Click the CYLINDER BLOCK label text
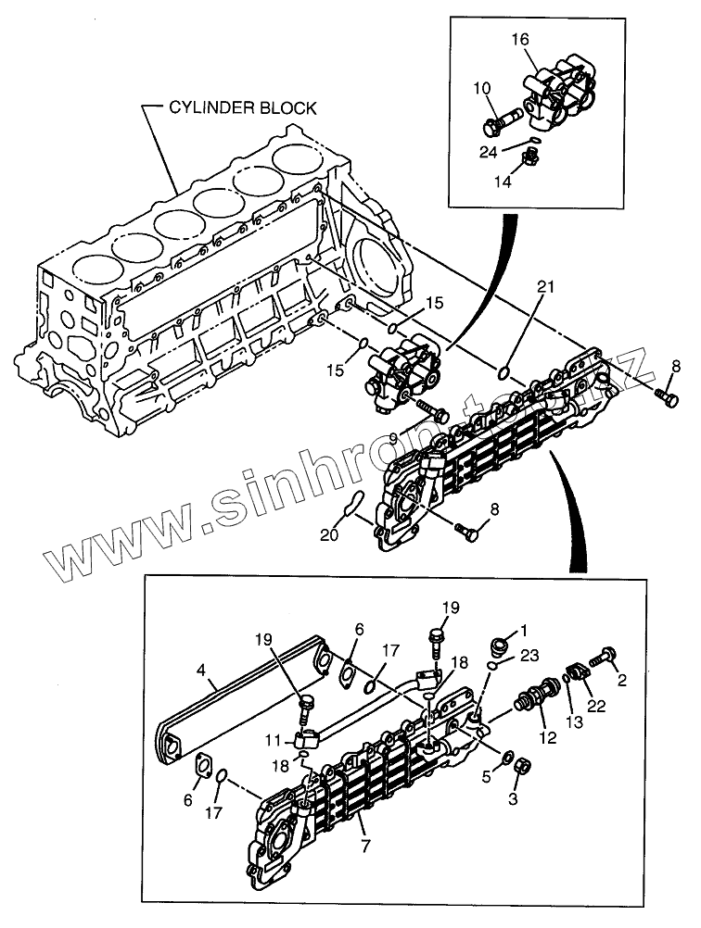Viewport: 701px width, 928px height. click(242, 108)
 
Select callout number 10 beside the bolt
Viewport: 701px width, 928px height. click(482, 89)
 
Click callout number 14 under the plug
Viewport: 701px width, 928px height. click(502, 182)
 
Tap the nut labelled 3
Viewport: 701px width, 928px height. click(522, 766)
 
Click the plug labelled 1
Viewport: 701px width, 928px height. click(499, 643)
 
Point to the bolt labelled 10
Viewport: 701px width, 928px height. click(504, 121)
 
